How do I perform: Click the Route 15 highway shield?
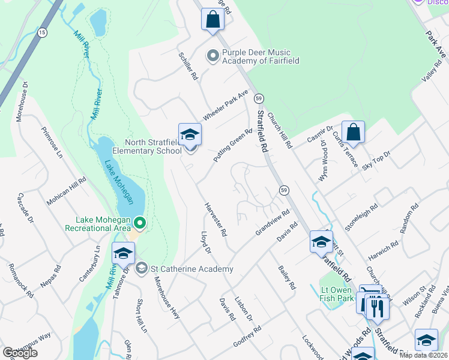click(41, 32)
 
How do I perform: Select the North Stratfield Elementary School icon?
click(190, 135)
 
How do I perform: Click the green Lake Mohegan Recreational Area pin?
click(140, 224)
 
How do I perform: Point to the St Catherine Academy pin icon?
click(142, 268)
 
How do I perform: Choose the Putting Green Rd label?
click(234, 145)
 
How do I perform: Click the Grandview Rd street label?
click(273, 223)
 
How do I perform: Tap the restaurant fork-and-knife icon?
click(378, 307)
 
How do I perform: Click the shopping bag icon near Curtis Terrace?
click(354, 133)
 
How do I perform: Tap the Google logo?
click(20, 353)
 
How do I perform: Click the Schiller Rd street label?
click(188, 65)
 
